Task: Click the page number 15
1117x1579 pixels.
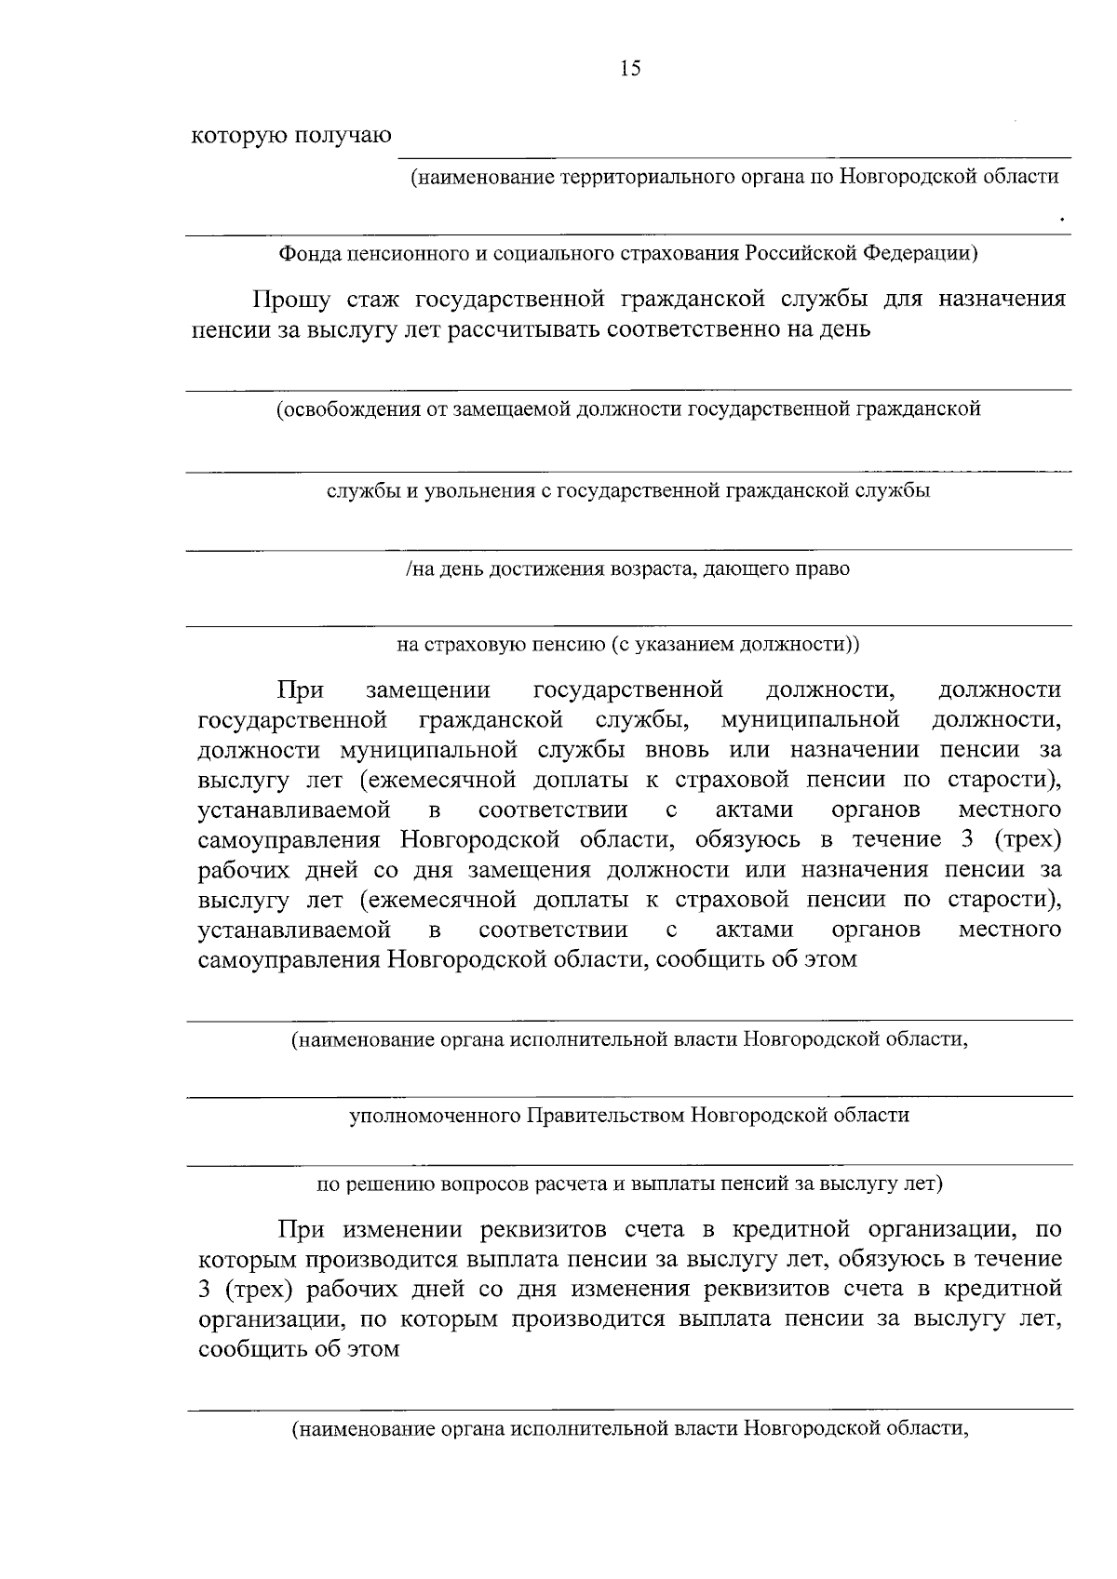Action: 630,69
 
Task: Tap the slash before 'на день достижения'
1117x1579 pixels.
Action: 409,569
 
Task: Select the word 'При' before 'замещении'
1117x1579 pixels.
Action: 300,690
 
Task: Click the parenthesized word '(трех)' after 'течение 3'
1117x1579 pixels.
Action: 1027,840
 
